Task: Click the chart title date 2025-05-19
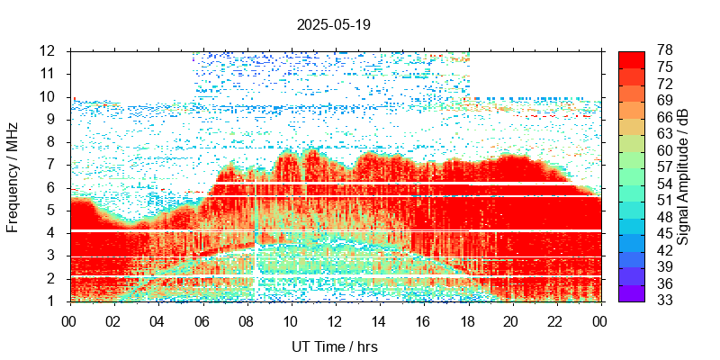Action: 333,24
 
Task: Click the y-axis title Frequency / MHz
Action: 13,176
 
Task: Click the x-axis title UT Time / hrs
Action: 333,346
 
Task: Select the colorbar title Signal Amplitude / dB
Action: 684,176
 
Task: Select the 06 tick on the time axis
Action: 202,320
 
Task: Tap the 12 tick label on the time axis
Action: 334,320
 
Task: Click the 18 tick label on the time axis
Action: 467,320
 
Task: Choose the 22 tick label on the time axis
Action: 555,320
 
